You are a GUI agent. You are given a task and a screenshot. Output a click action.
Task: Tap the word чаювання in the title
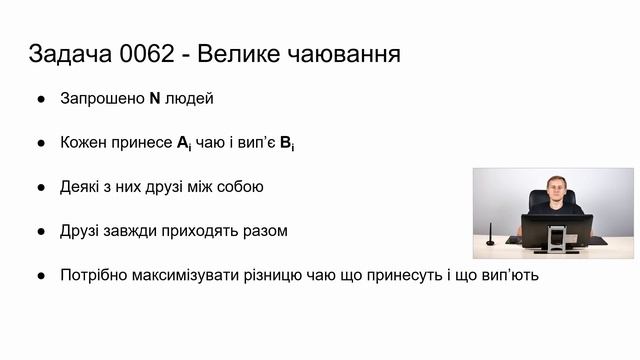pos(340,53)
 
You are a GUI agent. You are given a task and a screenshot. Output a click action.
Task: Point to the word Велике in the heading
pos(238,53)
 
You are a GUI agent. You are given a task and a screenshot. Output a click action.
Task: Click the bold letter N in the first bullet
pos(155,99)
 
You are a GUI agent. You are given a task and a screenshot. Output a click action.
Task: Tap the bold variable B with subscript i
pos(286,143)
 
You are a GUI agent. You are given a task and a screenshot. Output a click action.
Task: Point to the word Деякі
pos(80,187)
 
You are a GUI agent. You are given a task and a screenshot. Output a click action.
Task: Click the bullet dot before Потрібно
pos(41,275)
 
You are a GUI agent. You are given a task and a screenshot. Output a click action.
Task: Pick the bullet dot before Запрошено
pos(41,99)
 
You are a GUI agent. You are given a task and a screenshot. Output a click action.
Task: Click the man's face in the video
pos(555,186)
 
